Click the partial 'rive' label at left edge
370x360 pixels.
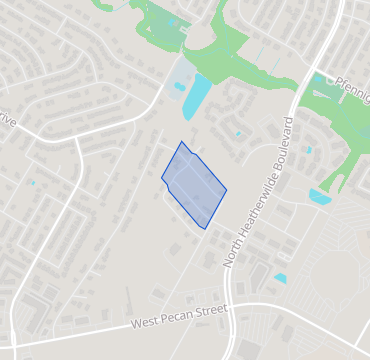click(x=8, y=122)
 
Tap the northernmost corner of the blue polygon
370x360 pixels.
click(x=181, y=142)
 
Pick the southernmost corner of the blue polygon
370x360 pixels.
click(x=206, y=229)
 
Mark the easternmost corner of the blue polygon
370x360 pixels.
click(x=227, y=190)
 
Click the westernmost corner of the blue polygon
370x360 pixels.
click(x=162, y=180)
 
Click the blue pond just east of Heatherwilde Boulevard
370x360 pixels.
click(x=320, y=196)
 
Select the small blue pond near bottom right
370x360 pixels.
click(x=280, y=278)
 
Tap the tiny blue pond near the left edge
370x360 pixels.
click(x=32, y=183)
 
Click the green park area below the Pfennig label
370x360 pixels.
click(x=335, y=125)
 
